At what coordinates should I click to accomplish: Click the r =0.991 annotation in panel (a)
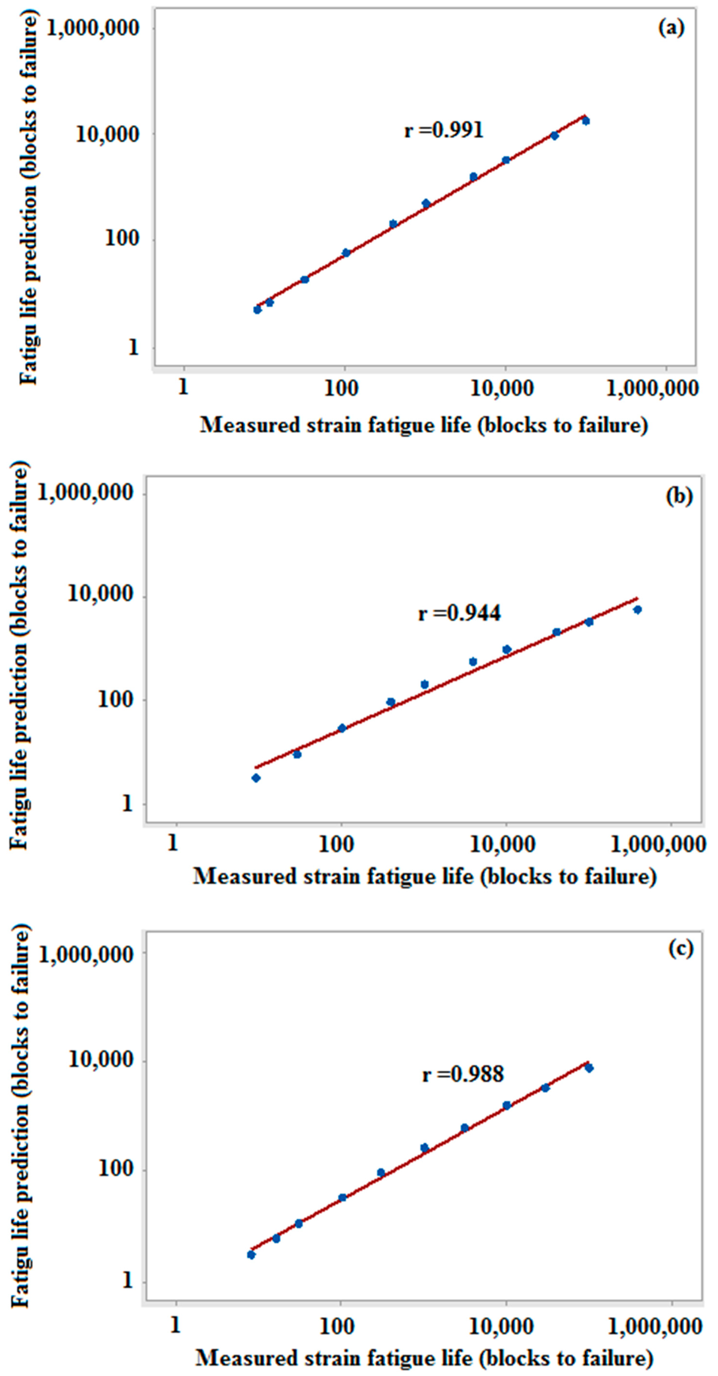pos(444,130)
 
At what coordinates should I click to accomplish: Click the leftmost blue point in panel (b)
pos(256,778)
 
